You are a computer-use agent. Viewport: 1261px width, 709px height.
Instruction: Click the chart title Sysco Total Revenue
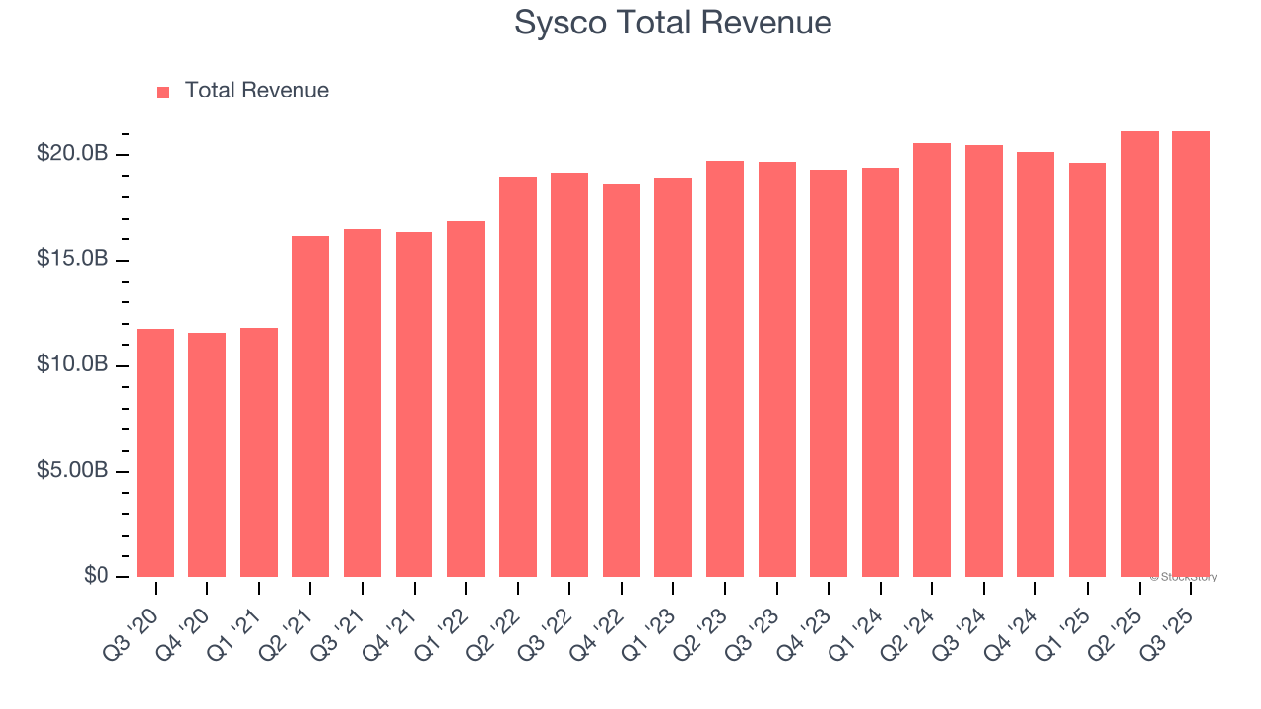[673, 23]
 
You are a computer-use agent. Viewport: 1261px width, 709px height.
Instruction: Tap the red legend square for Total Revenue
[164, 92]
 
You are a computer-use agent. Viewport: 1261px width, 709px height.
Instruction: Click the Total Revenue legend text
[256, 91]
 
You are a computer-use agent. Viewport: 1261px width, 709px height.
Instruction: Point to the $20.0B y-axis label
[72, 154]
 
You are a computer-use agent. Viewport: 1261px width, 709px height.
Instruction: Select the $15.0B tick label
[72, 259]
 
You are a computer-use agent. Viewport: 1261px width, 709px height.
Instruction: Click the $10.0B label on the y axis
[72, 364]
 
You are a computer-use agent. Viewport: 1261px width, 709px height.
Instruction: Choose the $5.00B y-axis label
[72, 470]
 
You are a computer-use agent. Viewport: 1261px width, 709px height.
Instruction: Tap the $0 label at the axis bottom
[95, 575]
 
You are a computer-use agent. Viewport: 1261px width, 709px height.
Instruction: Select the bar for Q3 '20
[156, 453]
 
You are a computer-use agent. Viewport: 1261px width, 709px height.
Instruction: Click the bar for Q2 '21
[310, 407]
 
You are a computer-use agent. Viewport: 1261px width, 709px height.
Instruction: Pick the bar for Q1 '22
[465, 399]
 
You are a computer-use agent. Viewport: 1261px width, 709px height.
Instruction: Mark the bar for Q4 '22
[621, 380]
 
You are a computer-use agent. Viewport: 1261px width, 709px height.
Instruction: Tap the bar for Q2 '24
[931, 359]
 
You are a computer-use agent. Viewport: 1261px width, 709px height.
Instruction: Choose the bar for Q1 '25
[1087, 370]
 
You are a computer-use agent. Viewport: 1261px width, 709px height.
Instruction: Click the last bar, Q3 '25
[1190, 354]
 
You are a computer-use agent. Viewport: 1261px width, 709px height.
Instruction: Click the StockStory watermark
[1183, 577]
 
